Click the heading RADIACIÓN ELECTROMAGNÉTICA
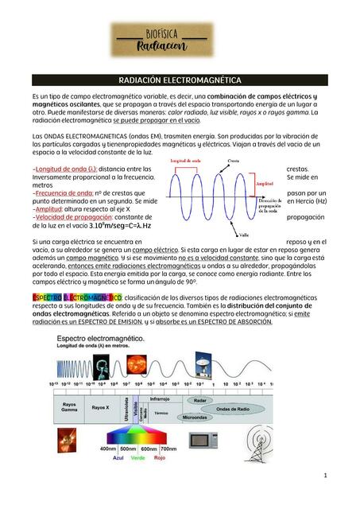[180, 80]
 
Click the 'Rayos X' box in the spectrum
[101, 407]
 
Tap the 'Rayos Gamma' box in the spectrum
[69, 407]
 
